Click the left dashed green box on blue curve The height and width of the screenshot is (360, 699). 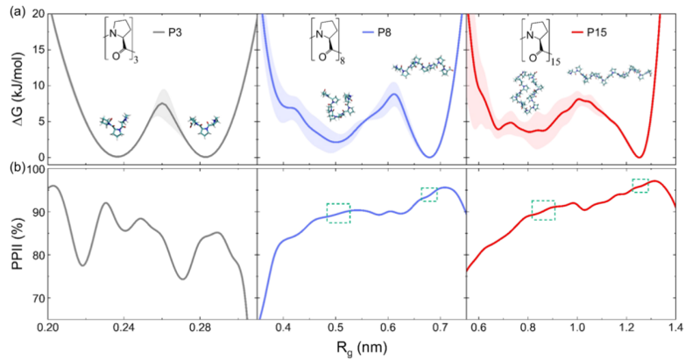pyautogui.click(x=338, y=213)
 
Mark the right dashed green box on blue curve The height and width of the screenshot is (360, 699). pyautogui.click(x=428, y=194)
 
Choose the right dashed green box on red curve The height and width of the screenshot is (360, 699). pyautogui.click(x=640, y=185)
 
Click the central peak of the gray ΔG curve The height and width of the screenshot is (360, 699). pyautogui.click(x=162, y=103)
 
